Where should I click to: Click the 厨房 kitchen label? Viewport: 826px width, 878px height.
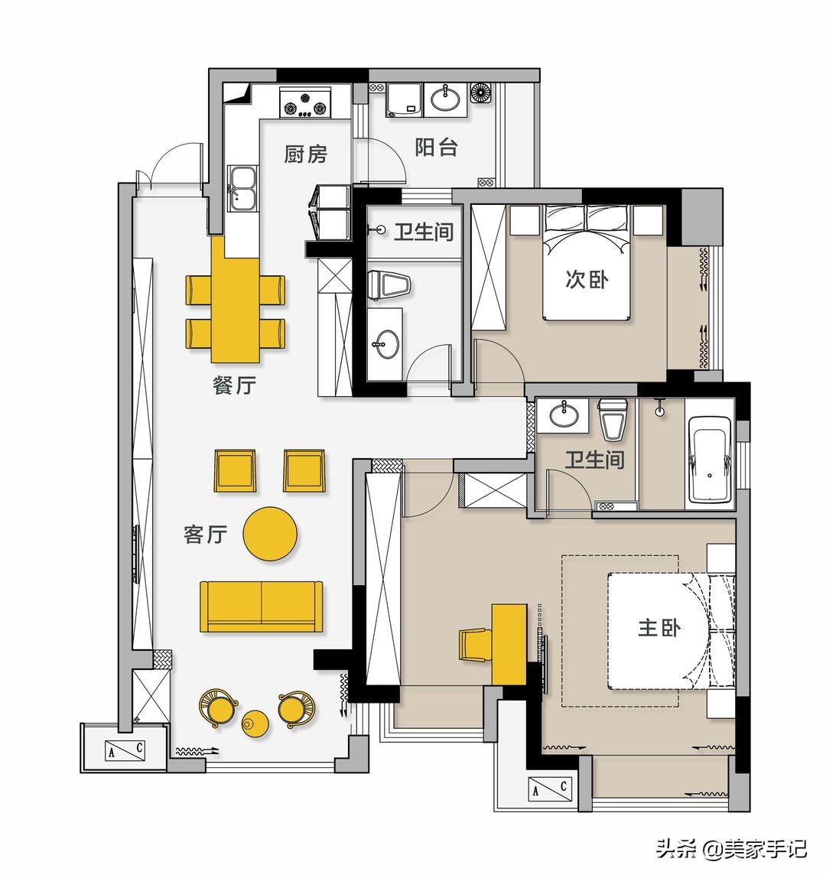pyautogui.click(x=305, y=154)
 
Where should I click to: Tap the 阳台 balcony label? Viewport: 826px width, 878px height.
pyautogui.click(x=436, y=148)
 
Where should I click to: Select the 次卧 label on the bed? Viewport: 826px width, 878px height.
pyautogui.click(x=587, y=279)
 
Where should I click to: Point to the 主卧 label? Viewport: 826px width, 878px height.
pyautogui.click(x=660, y=627)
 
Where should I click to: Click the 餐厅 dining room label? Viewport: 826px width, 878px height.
pyautogui.click(x=235, y=385)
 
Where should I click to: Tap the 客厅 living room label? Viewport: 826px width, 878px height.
pyautogui.click(x=206, y=534)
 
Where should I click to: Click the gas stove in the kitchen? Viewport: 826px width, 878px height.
pyautogui.click(x=305, y=103)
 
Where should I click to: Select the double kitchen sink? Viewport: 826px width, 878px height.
pyautogui.click(x=242, y=187)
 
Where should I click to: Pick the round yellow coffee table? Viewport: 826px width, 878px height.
pyautogui.click(x=270, y=534)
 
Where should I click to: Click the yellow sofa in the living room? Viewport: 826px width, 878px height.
pyautogui.click(x=261, y=606)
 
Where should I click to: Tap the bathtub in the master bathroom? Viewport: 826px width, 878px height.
pyautogui.click(x=710, y=459)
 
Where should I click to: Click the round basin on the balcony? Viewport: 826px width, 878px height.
pyautogui.click(x=445, y=99)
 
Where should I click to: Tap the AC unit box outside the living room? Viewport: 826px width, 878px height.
pyautogui.click(x=125, y=750)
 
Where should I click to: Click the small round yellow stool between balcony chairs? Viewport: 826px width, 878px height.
pyautogui.click(x=255, y=723)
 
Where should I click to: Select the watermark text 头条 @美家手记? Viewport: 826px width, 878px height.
pyautogui.click(x=731, y=849)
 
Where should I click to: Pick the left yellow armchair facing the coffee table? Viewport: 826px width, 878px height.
pyautogui.click(x=236, y=471)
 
